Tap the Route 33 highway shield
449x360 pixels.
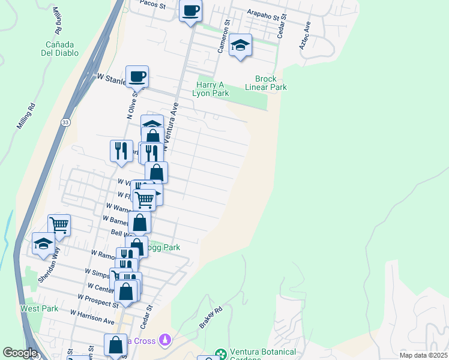[64, 122]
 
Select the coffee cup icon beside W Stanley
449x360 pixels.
[137, 77]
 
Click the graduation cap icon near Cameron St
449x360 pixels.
[240, 46]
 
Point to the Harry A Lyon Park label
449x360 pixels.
[211, 89]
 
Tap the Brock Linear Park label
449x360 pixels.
[266, 83]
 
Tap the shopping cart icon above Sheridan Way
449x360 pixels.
[59, 226]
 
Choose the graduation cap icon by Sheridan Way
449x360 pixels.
[43, 244]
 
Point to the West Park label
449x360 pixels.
[40, 308]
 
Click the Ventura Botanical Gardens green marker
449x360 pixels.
[221, 354]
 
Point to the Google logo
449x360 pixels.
[20, 353]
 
